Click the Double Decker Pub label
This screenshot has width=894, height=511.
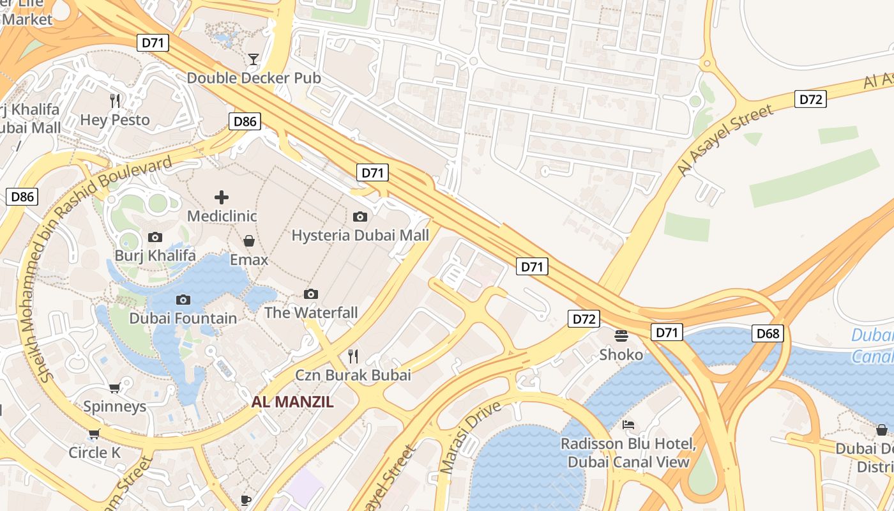pos(254,78)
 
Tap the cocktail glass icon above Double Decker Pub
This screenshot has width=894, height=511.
pos(254,59)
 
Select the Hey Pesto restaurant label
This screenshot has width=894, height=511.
pos(115,120)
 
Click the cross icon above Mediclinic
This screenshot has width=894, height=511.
pos(222,197)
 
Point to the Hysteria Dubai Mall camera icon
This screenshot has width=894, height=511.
pos(360,217)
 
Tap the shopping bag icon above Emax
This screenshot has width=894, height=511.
pos(249,241)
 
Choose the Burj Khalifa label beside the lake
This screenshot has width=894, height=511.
pos(155,256)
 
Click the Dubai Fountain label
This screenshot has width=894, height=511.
pos(183,318)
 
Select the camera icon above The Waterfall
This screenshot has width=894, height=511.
pos(311,294)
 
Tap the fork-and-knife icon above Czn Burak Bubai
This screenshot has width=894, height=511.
pos(352,356)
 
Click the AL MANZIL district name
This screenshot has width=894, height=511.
pos(292,402)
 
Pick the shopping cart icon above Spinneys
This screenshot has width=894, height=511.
pos(115,388)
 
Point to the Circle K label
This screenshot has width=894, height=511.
pos(95,453)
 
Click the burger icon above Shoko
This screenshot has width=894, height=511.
pos(621,335)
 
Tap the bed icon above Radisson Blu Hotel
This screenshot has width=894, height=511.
pos(628,425)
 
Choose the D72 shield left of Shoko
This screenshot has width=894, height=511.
pos(584,319)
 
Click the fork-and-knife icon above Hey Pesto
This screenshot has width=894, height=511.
pos(115,101)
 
